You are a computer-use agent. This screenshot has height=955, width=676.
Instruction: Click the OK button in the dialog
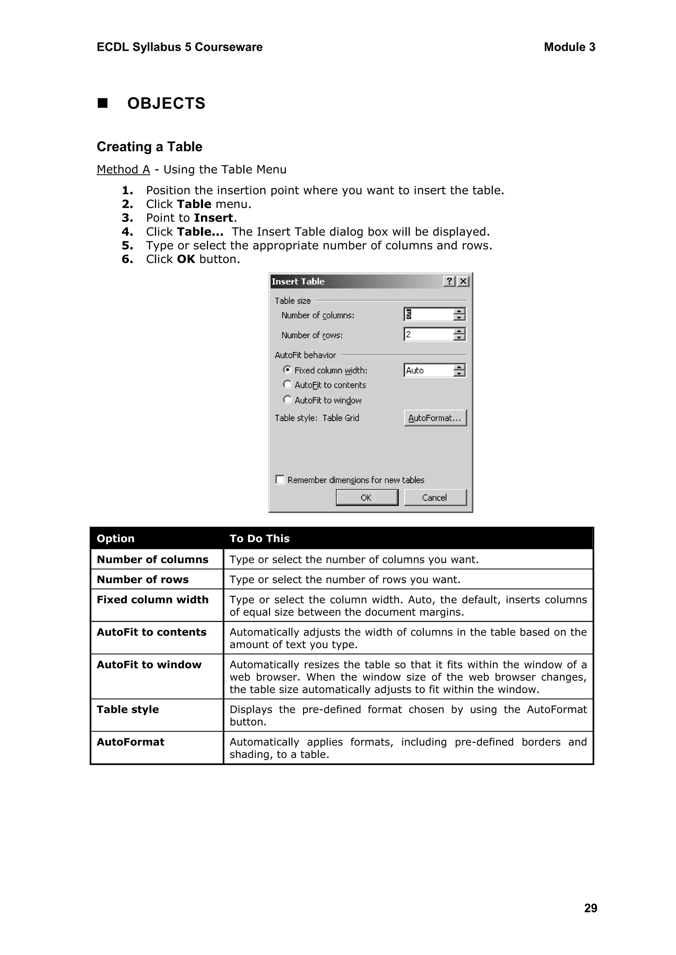pyautogui.click(x=367, y=498)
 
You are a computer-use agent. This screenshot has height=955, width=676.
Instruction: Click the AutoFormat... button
pyautogui.click(x=435, y=418)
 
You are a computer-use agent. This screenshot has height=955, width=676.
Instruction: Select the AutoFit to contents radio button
pyautogui.click(x=287, y=384)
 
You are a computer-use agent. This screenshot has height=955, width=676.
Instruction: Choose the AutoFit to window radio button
pyautogui.click(x=287, y=399)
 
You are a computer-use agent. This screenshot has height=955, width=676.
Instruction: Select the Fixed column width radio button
pyautogui.click(x=287, y=369)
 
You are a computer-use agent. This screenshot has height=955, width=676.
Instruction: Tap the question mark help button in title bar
pyautogui.click(x=449, y=282)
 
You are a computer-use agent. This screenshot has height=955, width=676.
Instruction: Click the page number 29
pyautogui.click(x=590, y=908)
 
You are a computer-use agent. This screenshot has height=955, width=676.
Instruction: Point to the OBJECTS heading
pyautogui.click(x=166, y=103)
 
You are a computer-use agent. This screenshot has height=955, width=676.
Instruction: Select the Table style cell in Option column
pyautogui.click(x=128, y=709)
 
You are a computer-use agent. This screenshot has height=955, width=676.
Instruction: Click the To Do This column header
pyautogui.click(x=259, y=538)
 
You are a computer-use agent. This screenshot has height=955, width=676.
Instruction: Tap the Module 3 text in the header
pyautogui.click(x=569, y=47)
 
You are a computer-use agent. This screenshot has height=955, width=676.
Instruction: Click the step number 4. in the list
pyautogui.click(x=127, y=232)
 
